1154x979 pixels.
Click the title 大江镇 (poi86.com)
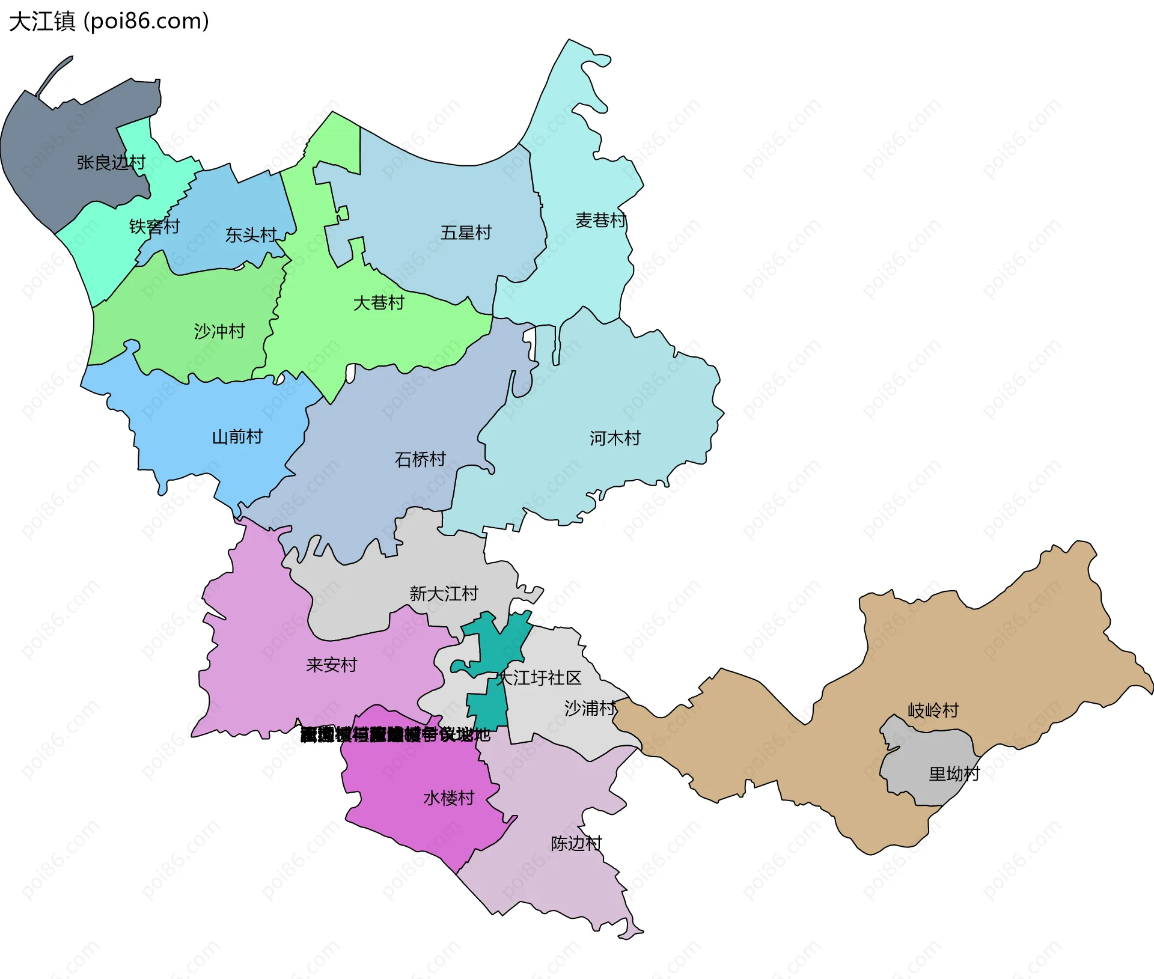click(x=109, y=21)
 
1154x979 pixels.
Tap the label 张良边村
click(x=111, y=162)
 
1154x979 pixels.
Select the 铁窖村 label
click(x=154, y=227)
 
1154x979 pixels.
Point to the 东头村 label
click(x=251, y=235)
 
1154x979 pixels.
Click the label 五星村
click(x=466, y=233)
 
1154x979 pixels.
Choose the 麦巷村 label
click(x=600, y=220)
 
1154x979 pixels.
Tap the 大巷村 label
click(x=379, y=302)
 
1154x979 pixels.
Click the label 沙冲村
click(x=219, y=331)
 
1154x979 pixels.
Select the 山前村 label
click(x=237, y=436)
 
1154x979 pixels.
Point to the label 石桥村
click(x=420, y=459)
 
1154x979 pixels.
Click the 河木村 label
click(x=615, y=438)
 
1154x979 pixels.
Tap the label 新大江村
click(x=444, y=594)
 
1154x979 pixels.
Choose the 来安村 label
click(x=331, y=665)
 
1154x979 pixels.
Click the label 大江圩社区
click(x=539, y=678)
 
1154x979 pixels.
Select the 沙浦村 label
click(x=590, y=708)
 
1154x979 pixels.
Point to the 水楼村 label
click(x=449, y=798)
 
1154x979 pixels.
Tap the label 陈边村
click(x=576, y=843)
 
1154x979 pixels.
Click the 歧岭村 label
click(x=933, y=710)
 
